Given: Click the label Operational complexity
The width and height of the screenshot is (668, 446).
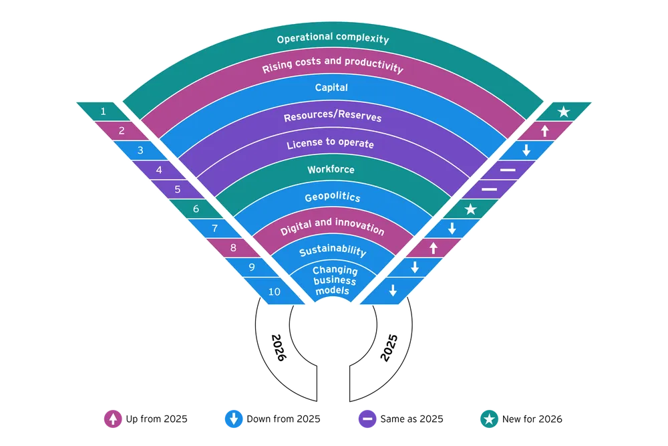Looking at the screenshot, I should (333, 39).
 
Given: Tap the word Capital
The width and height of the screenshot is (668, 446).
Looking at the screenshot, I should (331, 88).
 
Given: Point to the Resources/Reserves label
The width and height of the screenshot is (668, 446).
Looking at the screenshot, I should (333, 116).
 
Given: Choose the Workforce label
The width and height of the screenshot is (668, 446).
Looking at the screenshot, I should (331, 170).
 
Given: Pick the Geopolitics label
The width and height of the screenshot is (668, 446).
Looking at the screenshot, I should (332, 197).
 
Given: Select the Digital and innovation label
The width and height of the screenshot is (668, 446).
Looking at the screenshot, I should (332, 229).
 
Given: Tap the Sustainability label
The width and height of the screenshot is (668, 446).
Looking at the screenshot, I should (332, 251).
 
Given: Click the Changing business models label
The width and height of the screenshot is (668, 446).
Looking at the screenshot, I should (335, 281).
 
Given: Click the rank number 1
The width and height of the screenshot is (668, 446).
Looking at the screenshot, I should (103, 111).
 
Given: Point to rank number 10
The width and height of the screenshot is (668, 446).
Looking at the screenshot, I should (274, 292).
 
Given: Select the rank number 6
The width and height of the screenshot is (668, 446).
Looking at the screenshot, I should (196, 209).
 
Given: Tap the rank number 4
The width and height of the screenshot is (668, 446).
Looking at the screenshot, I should (159, 170).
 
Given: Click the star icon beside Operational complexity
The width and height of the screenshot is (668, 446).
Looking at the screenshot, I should (564, 112).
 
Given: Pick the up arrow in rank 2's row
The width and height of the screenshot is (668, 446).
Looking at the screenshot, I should (544, 131).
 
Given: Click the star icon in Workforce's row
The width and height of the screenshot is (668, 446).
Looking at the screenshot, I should (470, 209).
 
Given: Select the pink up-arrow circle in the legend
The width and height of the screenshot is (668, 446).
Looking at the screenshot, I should (113, 419).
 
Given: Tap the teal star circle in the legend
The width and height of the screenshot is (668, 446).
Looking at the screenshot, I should (489, 419).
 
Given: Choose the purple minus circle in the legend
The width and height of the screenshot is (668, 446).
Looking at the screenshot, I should (367, 419).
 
